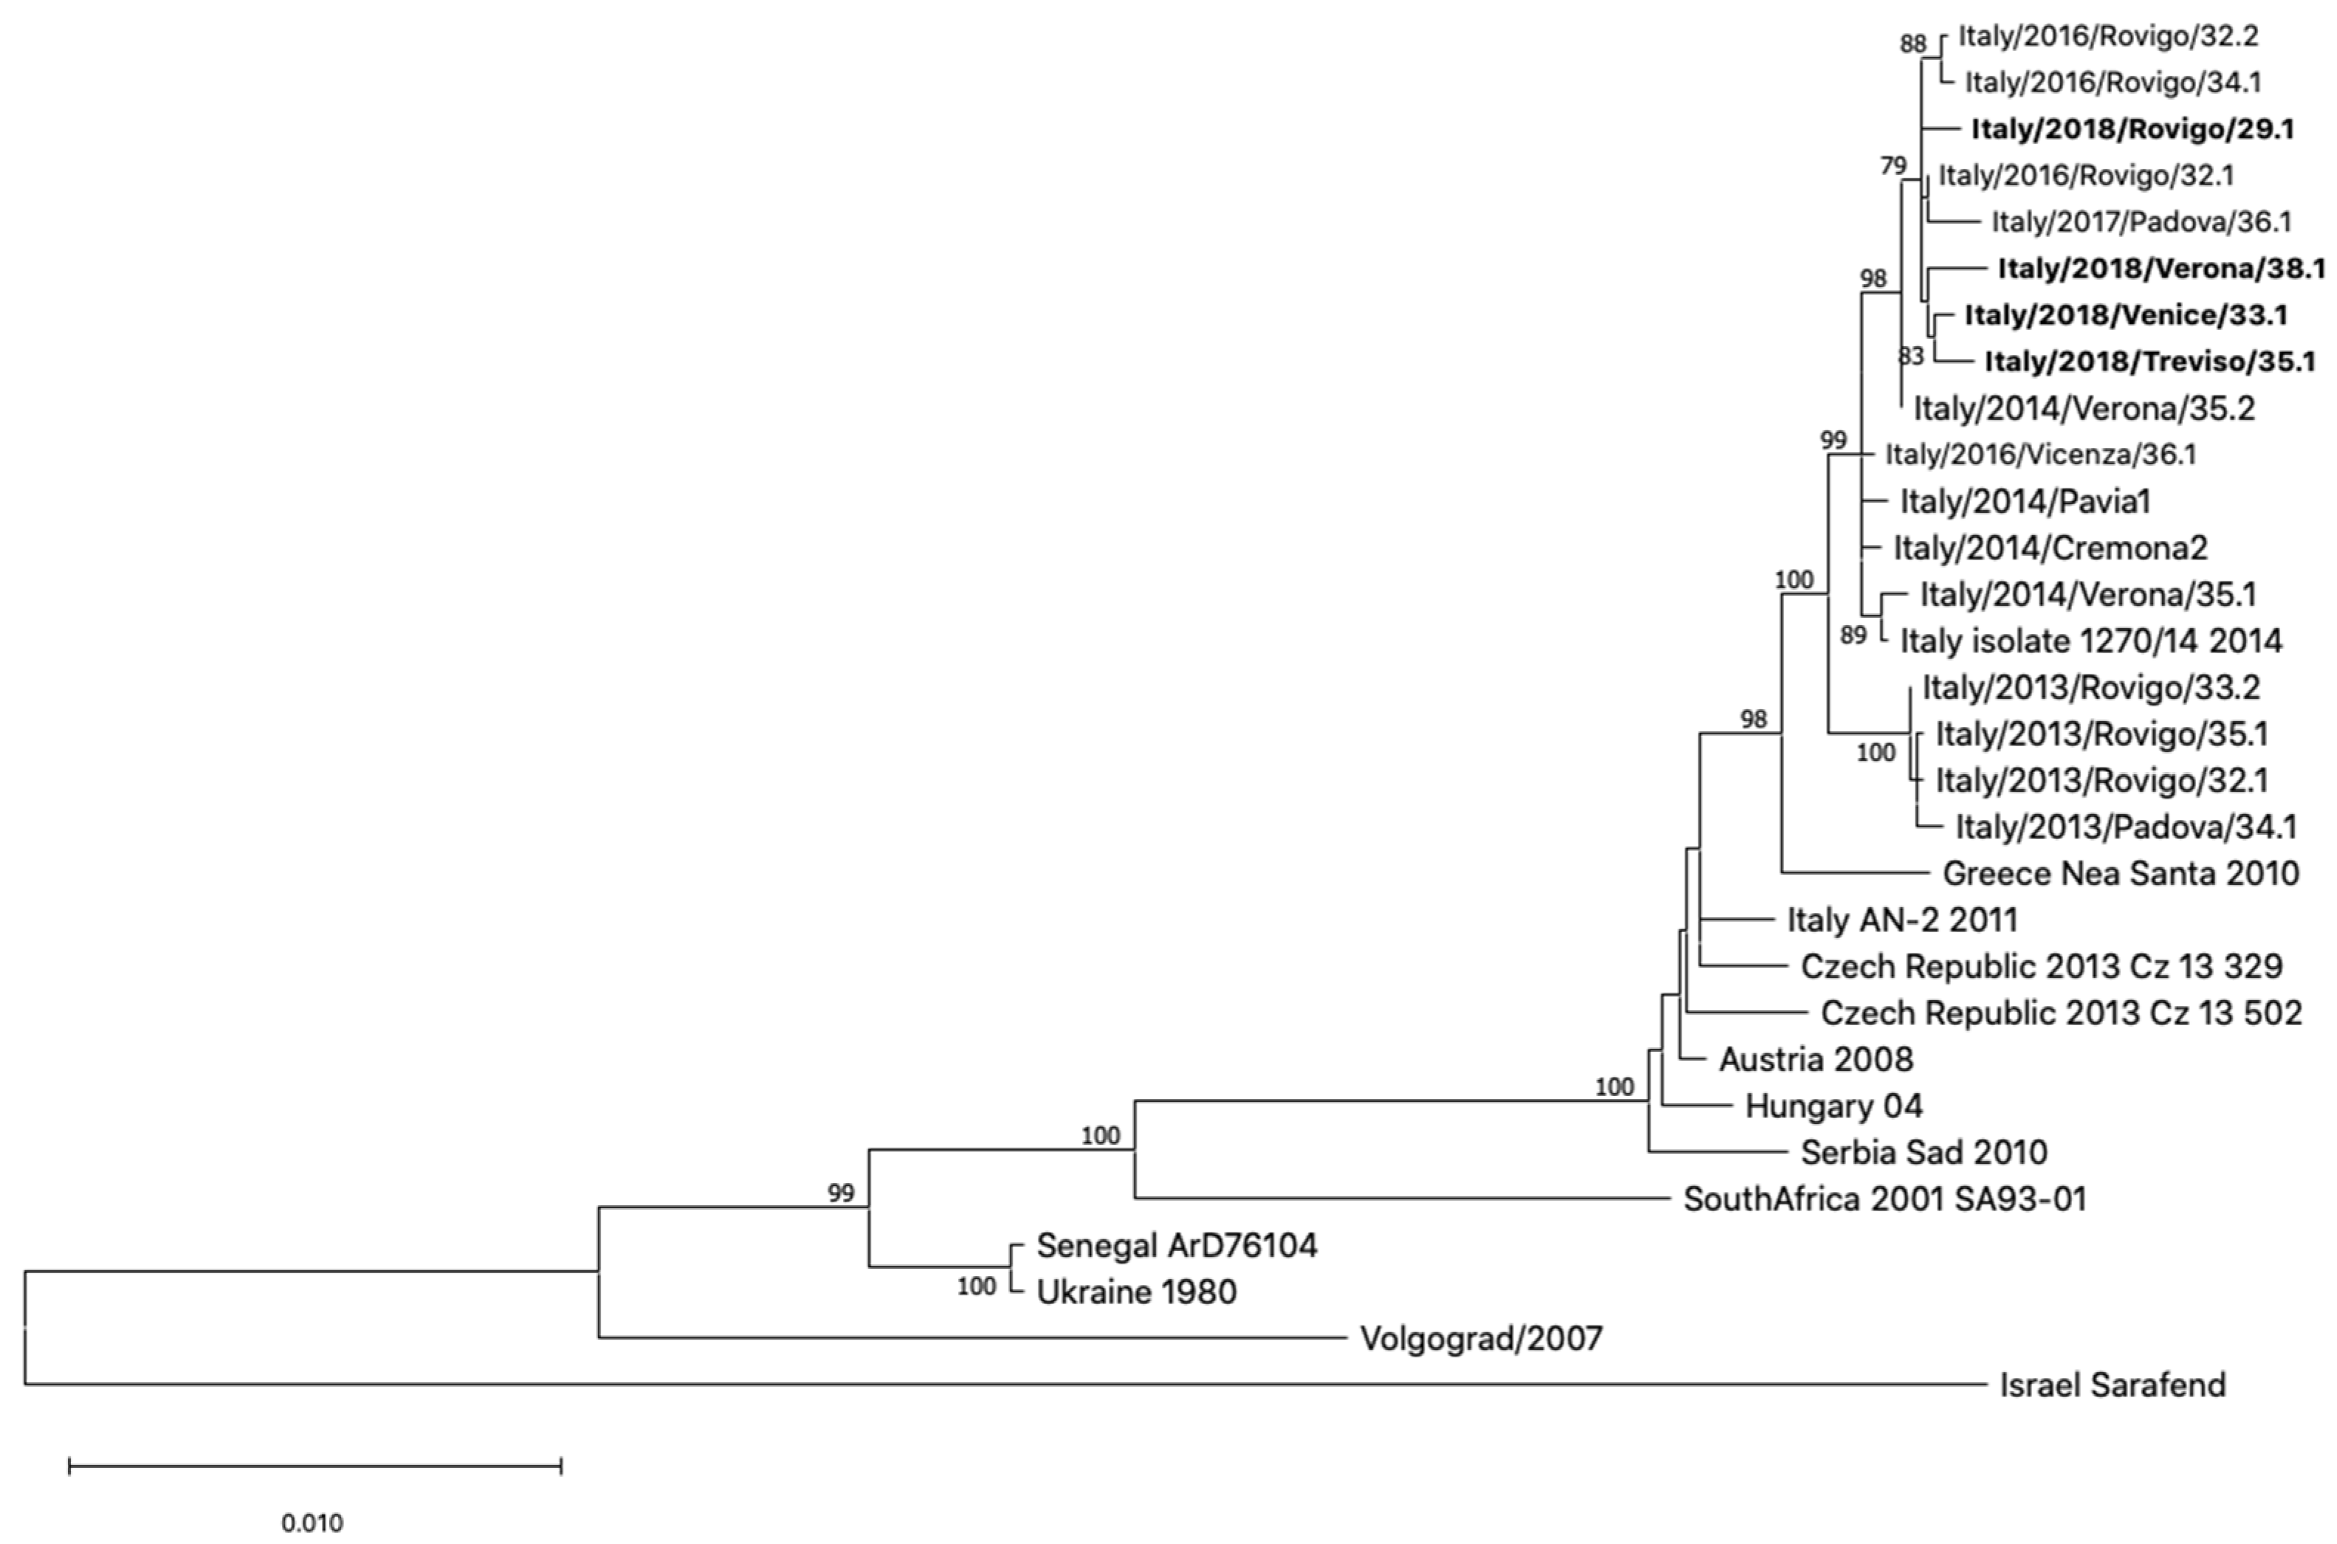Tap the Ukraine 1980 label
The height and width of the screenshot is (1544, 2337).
[x=1137, y=1291]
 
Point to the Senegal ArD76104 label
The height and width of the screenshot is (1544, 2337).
[x=1176, y=1246]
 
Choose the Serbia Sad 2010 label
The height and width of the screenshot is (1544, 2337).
[x=1924, y=1152]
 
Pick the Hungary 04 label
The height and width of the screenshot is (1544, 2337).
[x=1834, y=1106]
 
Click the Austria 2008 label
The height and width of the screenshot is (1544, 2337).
[x=1816, y=1060]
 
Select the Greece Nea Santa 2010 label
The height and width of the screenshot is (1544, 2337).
[x=2120, y=873]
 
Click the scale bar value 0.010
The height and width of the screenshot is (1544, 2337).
[x=312, y=1523]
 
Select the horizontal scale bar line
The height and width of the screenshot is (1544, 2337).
[x=315, y=1467]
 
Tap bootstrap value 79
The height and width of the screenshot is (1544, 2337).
[x=1893, y=165]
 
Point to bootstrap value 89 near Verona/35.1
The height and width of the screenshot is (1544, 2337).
[x=1854, y=635]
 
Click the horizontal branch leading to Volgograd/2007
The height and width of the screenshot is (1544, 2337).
[x=970, y=1337]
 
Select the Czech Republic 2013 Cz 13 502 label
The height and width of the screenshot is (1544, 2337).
[x=2061, y=1013]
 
